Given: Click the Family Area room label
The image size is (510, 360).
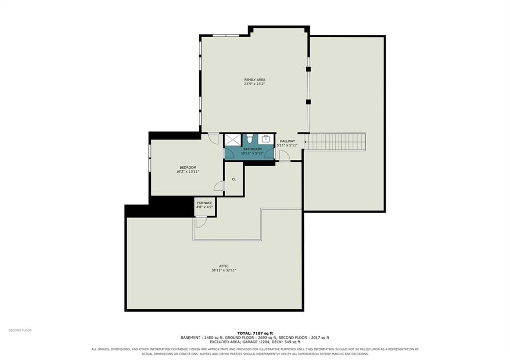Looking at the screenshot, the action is coord(255,80).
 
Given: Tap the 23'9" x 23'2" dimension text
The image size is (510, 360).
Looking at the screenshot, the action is coord(255,84).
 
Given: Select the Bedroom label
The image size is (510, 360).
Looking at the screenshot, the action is coord(188,167).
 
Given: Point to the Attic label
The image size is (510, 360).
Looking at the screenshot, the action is coord(224,266).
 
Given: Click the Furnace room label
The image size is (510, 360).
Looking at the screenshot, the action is coord(205,203).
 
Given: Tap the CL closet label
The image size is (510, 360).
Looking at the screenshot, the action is coord(234,179).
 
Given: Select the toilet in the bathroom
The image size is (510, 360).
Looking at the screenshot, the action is coord(250,138).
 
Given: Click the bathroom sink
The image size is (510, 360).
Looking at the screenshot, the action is coord(266,139).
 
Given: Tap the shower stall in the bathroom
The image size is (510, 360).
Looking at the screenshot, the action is coord(233,140).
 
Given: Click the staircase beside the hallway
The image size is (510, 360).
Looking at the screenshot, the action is coord(335,141).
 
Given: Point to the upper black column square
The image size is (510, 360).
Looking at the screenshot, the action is coord(308,69).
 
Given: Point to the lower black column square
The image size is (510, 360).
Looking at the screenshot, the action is coord(308,102).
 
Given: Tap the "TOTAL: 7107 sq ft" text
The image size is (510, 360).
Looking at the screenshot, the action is coord(255,333).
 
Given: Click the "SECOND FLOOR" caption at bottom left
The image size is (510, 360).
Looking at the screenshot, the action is coord(20,331).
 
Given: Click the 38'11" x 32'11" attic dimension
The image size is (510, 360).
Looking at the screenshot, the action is coord(224,270).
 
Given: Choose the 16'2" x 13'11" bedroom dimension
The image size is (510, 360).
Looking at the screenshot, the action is coord(188,172).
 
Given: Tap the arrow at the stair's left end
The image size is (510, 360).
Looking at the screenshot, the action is coord(306,142).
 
